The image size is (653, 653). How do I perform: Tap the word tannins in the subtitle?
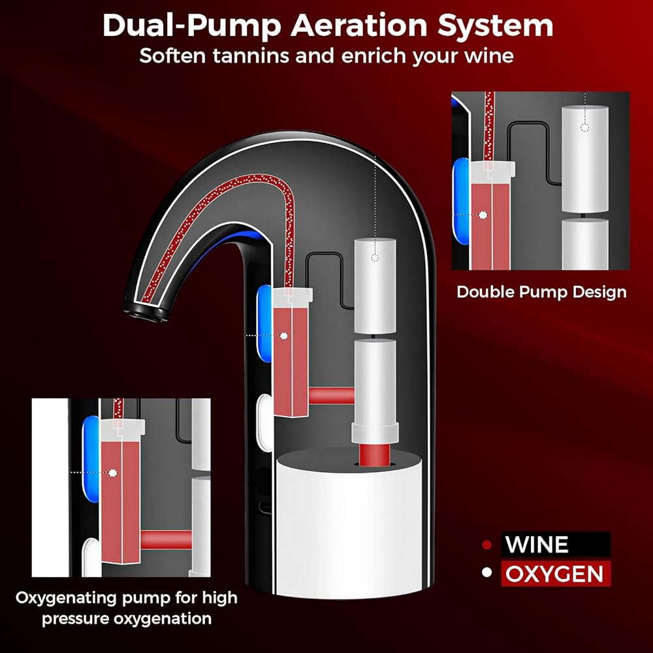pyautogui.click(x=251, y=56)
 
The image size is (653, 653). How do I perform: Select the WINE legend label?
pyautogui.click(x=537, y=545)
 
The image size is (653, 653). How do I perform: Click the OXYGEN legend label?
pyautogui.click(x=554, y=573)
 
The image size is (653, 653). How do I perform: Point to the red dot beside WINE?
pyautogui.click(x=486, y=545)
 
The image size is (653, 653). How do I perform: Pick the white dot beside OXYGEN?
pyautogui.click(x=486, y=573)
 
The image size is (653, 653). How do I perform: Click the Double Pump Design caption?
pyautogui.click(x=541, y=292)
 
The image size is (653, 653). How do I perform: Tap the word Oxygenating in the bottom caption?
pyautogui.click(x=67, y=598)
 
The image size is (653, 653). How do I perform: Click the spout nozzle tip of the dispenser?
pyautogui.click(x=146, y=311)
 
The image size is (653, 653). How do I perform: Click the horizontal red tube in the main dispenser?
pyautogui.click(x=332, y=396)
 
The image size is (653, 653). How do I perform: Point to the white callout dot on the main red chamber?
pyautogui.click(x=284, y=336)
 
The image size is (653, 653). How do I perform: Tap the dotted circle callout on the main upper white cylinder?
pyautogui.click(x=375, y=258)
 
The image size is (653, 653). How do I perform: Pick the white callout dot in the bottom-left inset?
pyautogui.click(x=112, y=473)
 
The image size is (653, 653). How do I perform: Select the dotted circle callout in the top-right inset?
pyautogui.click(x=585, y=127)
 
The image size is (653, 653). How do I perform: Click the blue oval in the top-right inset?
pyautogui.click(x=462, y=200)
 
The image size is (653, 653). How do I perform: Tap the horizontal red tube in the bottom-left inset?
pyautogui.click(x=166, y=540)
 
